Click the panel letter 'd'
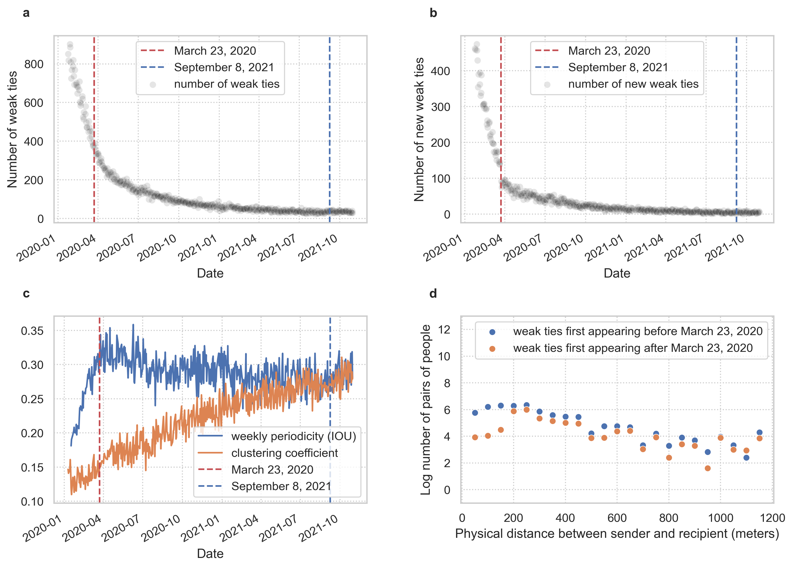433,294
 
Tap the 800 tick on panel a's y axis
34,64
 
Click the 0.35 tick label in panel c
32,331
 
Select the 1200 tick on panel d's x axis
772,518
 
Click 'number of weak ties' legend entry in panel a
226,84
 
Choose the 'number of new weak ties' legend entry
633,84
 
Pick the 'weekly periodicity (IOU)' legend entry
293,436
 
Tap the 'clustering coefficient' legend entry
284,453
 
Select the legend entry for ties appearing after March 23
633,348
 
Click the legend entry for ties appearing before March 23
637,331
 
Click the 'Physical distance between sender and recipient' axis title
617,534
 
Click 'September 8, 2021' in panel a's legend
224,68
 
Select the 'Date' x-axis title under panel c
210,554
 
